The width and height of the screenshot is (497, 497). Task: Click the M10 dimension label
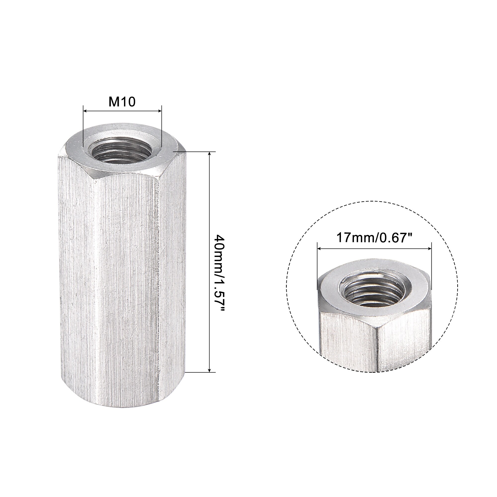point(122,102)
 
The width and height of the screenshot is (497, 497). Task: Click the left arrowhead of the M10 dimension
point(85,111)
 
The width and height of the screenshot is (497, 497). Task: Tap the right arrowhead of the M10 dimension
point(159,111)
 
